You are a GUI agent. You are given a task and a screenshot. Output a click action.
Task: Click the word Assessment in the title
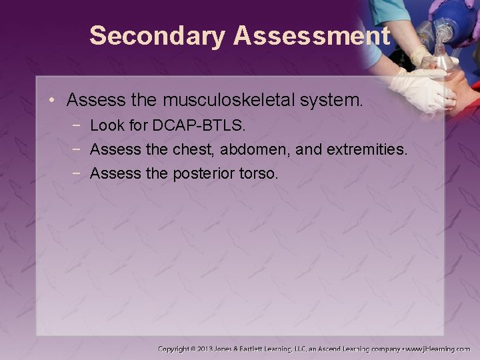(x=311, y=36)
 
